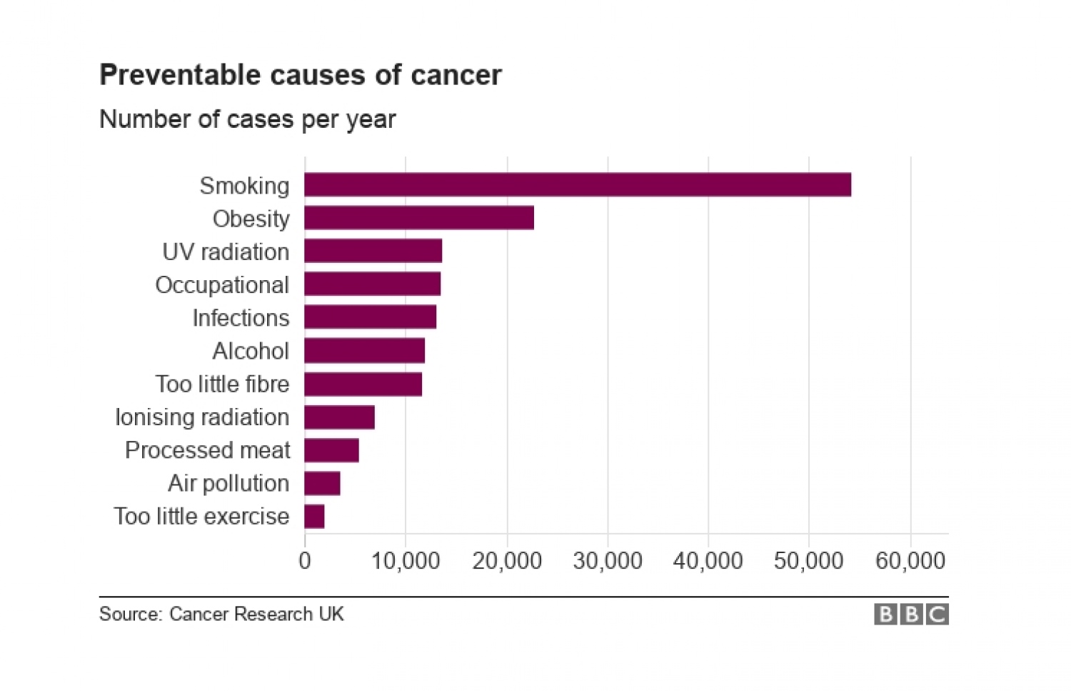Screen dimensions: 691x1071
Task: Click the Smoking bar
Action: point(577,185)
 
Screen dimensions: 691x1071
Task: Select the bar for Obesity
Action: point(419,218)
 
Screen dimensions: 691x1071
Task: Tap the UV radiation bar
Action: point(373,251)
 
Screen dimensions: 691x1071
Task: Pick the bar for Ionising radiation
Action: point(339,417)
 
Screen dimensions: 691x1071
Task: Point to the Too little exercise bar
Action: point(314,516)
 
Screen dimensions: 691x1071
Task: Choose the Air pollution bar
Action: point(322,483)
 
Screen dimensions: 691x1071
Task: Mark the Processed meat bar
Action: point(331,450)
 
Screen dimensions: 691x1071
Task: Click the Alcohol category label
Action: point(251,351)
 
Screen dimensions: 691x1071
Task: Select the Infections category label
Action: point(241,318)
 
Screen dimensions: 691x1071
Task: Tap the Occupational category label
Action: point(222,285)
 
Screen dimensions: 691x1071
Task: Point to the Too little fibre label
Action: point(222,384)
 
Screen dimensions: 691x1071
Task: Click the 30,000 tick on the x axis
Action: point(608,561)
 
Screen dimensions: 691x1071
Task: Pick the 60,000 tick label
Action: point(910,561)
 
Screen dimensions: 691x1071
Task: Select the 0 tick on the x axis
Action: point(305,561)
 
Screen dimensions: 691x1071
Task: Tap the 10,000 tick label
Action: point(406,561)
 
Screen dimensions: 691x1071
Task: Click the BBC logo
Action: point(911,615)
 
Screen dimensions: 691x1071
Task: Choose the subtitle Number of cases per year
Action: point(247,119)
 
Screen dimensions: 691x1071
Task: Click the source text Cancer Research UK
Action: point(256,614)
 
